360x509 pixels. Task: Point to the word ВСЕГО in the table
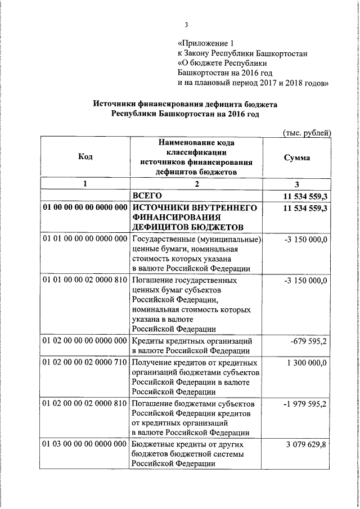click(147, 196)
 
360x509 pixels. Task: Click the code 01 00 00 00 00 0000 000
click(85, 208)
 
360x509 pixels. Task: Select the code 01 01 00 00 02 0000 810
click(85, 280)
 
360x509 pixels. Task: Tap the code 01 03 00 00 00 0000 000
click(85, 444)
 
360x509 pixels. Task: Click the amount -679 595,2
click(308, 341)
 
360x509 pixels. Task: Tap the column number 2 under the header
click(197, 184)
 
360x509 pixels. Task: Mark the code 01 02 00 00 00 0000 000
click(85, 341)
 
